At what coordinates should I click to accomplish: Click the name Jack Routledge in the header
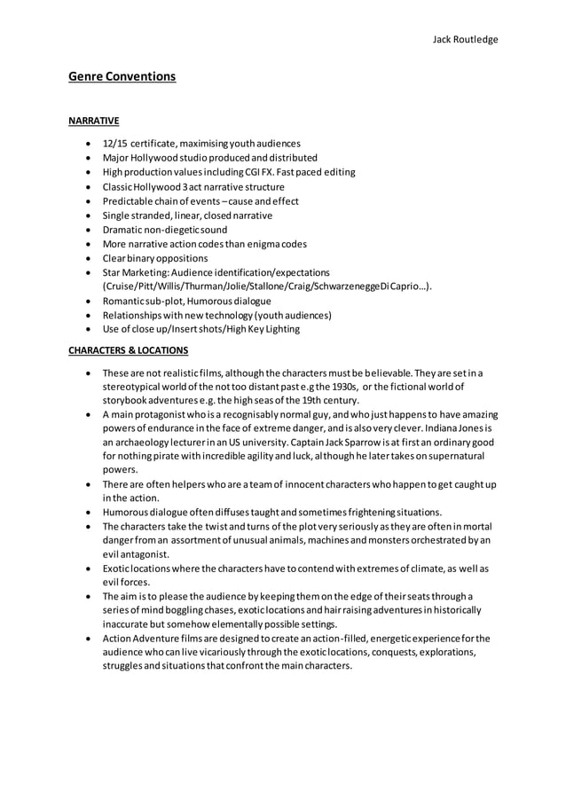(465, 39)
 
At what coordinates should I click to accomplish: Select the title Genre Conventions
(122, 76)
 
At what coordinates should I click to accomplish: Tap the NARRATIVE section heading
(93, 121)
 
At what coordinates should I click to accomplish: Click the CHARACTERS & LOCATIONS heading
(128, 350)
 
